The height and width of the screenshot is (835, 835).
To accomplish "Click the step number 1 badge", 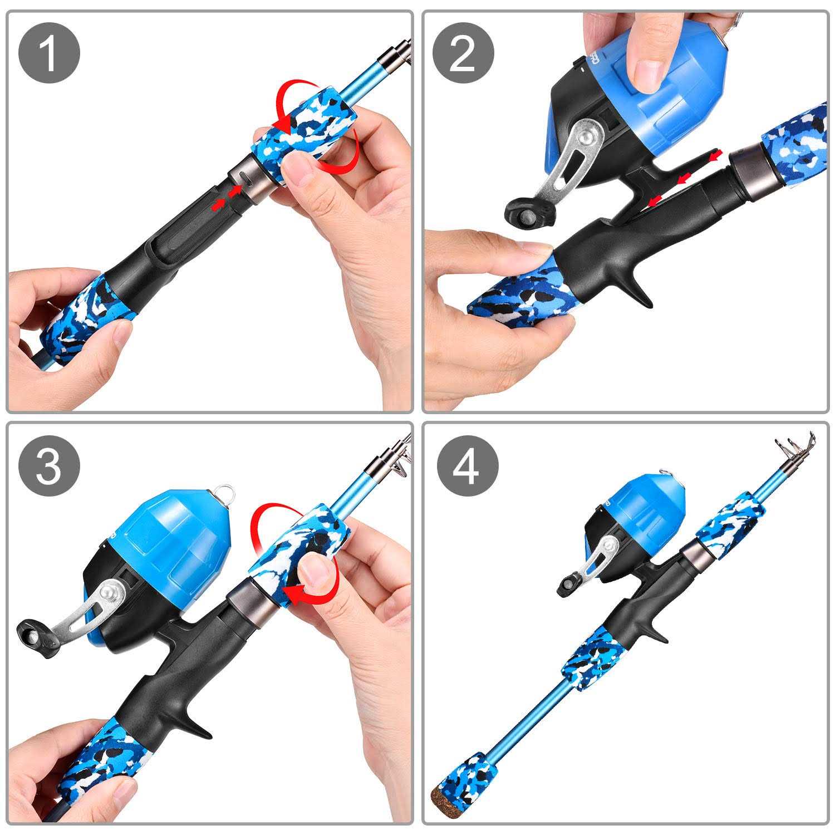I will click(50, 54).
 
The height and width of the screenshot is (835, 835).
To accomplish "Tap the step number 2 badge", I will click(464, 54).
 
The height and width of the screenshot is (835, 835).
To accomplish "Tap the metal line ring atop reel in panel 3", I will click(225, 492).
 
